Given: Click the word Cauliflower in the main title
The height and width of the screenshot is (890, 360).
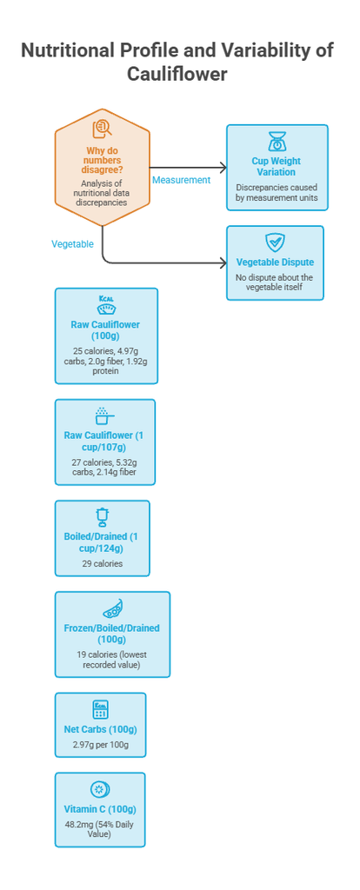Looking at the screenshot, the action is point(177,74).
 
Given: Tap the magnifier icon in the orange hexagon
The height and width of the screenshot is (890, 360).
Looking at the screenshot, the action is point(103,129).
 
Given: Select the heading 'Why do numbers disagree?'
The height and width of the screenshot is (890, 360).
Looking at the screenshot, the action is point(103,160).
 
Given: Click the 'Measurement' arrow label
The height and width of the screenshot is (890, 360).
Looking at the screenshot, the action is point(181,180).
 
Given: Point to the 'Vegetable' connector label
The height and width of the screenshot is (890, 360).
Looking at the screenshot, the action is point(73,243).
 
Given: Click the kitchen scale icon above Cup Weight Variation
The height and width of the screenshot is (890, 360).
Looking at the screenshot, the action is point(277,142).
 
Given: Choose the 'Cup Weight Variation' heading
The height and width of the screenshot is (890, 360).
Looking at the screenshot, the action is point(277,166).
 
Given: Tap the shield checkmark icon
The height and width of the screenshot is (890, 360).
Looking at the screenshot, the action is point(275,242).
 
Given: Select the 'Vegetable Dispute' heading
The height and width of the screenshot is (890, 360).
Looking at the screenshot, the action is point(275,262).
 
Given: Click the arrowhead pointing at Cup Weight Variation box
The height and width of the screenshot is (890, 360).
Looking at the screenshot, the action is point(223,168).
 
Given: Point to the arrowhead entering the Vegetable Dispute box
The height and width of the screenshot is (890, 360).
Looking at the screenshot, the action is point(222,263).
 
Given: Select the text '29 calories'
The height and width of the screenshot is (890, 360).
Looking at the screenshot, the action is point(103,563).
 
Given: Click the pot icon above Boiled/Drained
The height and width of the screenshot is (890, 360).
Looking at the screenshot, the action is point(103,518).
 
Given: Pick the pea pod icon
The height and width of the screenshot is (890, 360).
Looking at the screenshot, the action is point(112,609).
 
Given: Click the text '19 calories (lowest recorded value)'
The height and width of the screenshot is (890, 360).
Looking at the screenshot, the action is point(112,659).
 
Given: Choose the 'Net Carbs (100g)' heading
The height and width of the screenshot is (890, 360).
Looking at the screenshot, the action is point(100,729).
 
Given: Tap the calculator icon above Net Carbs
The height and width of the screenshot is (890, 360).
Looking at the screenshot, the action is point(100,709).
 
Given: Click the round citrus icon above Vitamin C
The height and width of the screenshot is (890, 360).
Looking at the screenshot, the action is point(100,790).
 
